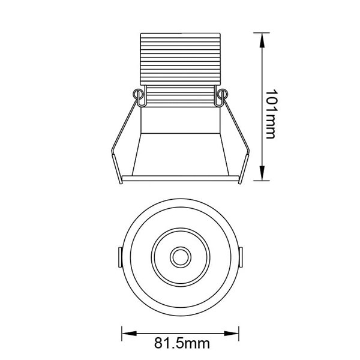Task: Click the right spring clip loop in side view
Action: pyautogui.click(x=223, y=95)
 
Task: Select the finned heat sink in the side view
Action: pyautogui.click(x=180, y=60)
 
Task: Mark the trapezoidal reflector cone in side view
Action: pyautogui.click(x=180, y=153)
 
